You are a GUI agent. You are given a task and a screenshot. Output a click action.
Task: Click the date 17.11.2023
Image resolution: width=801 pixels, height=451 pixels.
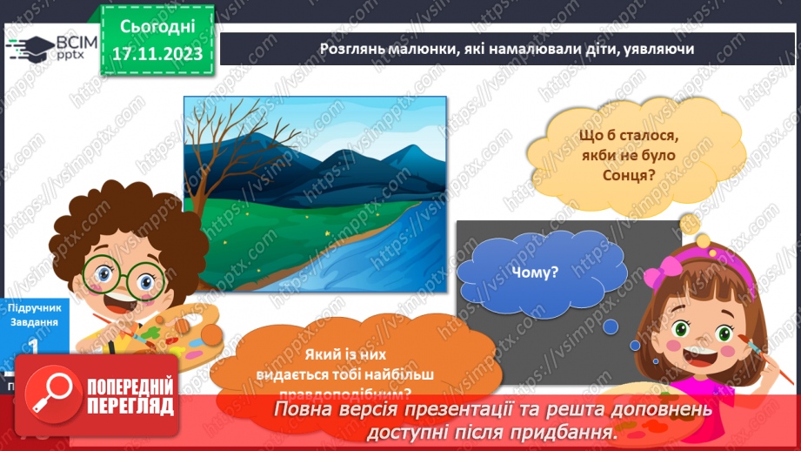pyautogui.click(x=157, y=53)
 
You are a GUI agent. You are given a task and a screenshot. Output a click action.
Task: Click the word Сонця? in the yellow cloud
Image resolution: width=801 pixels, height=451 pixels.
pyautogui.click(x=619, y=176)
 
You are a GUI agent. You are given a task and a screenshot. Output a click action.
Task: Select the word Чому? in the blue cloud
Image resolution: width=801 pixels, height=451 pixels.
pyautogui.click(x=537, y=272)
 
